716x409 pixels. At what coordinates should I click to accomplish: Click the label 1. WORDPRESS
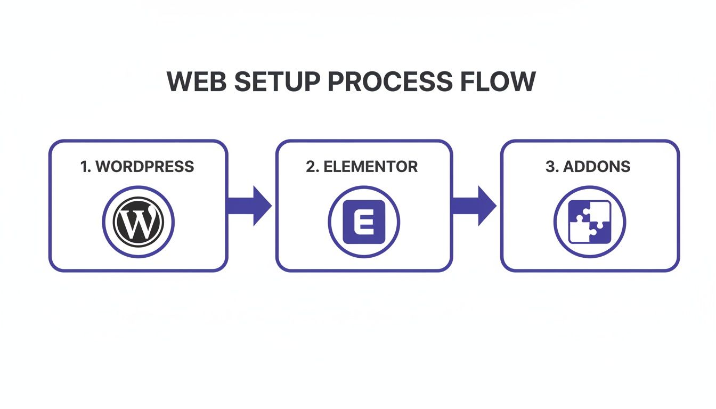(137, 166)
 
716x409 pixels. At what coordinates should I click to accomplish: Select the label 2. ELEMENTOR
(362, 166)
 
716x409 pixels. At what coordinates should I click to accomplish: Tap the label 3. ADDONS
(588, 166)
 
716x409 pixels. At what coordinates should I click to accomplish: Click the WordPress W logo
(138, 222)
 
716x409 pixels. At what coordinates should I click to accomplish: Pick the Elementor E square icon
(363, 222)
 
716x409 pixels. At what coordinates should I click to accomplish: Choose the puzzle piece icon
(589, 222)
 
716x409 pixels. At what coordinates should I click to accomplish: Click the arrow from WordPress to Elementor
(250, 206)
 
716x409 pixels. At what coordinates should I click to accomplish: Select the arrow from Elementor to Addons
(475, 206)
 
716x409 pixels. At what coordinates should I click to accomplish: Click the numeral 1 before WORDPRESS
(83, 166)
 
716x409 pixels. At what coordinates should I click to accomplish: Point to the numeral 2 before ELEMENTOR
(311, 166)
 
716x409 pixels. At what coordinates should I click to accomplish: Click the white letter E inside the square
(363, 222)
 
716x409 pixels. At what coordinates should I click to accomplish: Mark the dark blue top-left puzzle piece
(579, 211)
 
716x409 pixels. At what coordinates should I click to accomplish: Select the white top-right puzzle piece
(599, 211)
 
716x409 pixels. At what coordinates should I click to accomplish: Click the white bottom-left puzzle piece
(579, 233)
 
